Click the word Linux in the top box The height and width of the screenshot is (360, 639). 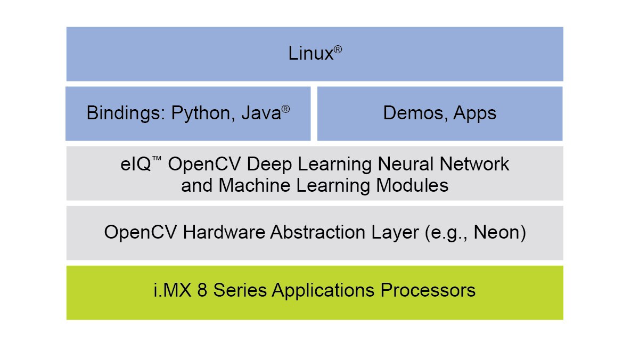[310, 53]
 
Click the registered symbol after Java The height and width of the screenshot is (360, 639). [285, 109]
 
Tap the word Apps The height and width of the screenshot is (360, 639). [475, 113]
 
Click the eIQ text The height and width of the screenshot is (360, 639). [130, 164]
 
